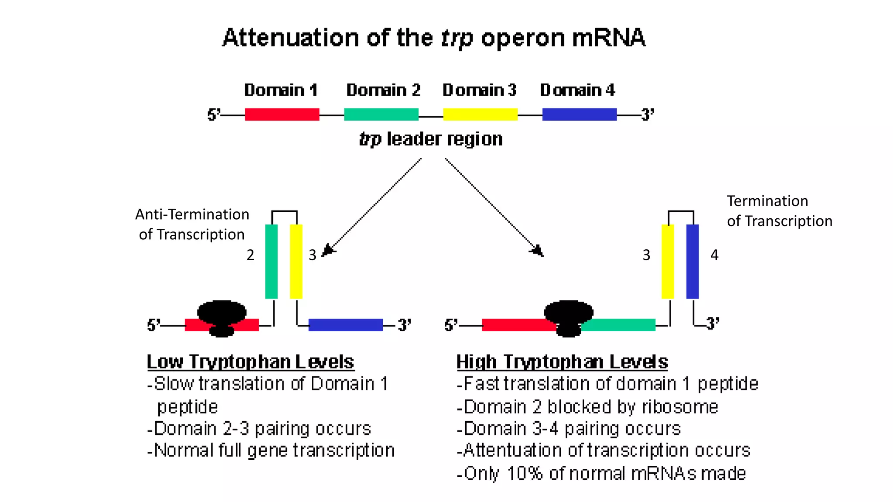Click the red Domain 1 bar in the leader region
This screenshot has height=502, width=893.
(282, 115)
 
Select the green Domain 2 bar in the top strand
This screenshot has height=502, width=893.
(381, 115)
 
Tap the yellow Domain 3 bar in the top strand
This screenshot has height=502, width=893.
(480, 115)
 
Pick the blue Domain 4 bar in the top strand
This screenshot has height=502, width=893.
(579, 115)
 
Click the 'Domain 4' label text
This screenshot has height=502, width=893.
(577, 90)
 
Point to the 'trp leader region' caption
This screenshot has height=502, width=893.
(431, 139)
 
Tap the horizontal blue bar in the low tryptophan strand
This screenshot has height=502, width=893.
(345, 325)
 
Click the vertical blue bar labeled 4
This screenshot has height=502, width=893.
(692, 261)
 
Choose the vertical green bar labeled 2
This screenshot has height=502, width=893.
(271, 261)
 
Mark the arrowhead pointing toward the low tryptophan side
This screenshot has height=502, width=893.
(328, 251)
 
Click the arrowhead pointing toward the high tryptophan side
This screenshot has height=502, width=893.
(538, 251)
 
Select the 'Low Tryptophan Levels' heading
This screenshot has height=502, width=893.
(250, 362)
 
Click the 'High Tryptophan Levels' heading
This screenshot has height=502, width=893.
(562, 362)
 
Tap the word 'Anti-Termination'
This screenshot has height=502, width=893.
(192, 214)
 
